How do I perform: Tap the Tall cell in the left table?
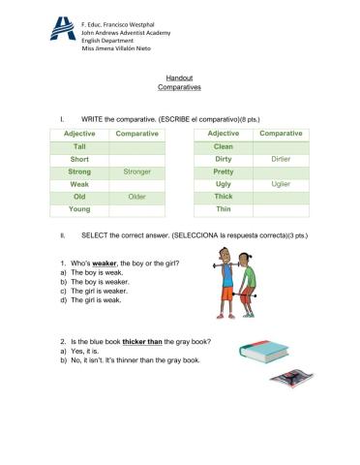79,145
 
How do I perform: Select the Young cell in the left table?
79,208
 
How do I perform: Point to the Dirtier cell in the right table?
281,158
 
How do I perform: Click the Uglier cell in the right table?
281,183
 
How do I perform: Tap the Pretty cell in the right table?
224,170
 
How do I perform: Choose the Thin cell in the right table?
224,208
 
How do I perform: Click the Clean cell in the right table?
224,145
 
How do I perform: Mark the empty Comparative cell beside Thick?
281,196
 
